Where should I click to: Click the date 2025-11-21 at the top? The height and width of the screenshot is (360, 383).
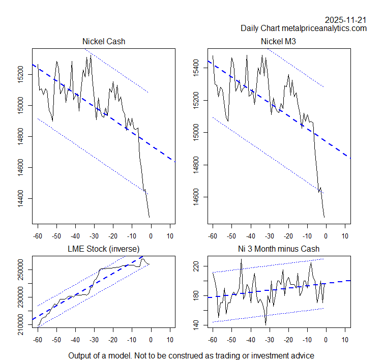(x=346, y=20)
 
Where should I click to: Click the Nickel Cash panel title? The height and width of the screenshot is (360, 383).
(x=103, y=41)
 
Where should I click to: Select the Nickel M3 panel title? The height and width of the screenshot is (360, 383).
(x=278, y=41)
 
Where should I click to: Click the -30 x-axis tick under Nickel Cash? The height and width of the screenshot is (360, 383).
(x=94, y=236)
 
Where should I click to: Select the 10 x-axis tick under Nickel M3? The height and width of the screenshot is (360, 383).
(x=344, y=236)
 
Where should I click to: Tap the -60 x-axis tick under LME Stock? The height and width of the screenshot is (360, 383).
(x=37, y=340)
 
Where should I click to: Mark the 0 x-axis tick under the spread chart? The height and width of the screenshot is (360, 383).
(x=326, y=340)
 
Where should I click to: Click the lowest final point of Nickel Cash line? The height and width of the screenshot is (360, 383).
(x=150, y=218)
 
